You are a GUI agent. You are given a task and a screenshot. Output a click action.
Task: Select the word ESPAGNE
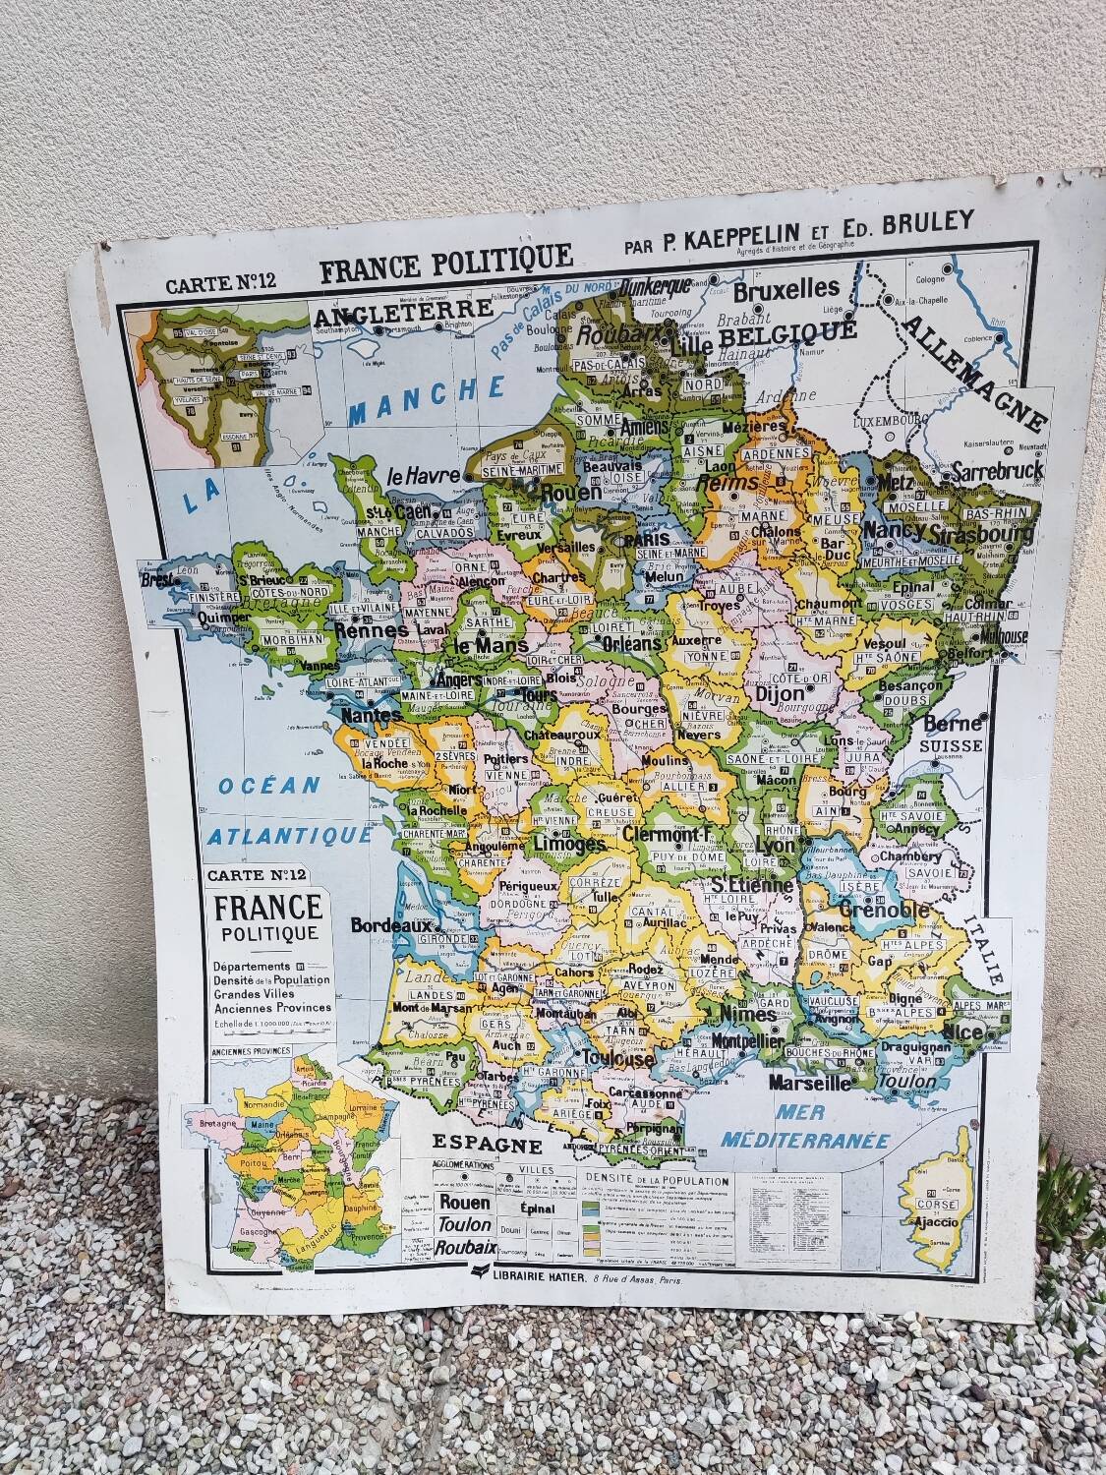(x=489, y=1146)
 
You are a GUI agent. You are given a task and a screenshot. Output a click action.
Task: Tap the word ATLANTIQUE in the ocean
(x=291, y=836)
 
